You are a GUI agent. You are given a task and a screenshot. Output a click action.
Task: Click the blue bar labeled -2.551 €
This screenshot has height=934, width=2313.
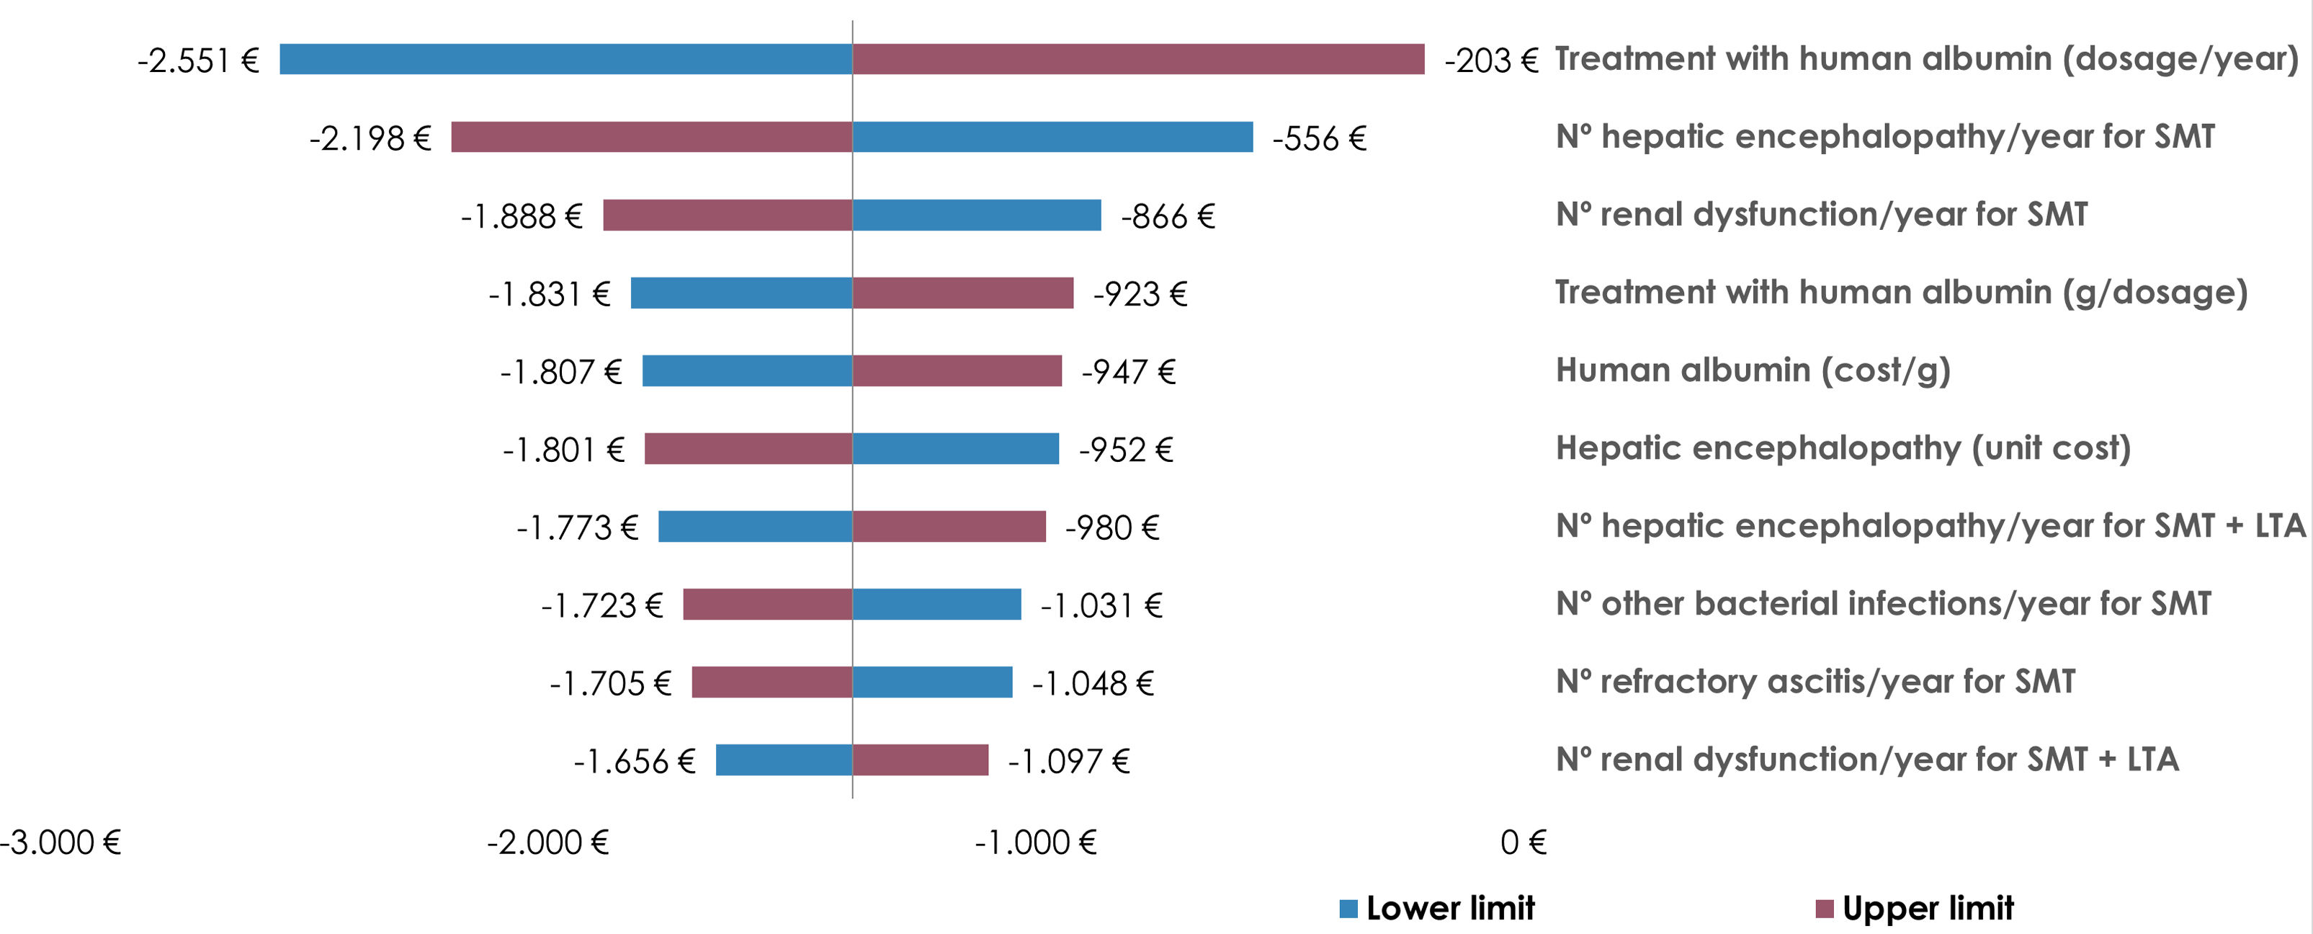click(x=565, y=59)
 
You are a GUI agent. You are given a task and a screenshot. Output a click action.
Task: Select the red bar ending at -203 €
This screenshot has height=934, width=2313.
click(x=1139, y=59)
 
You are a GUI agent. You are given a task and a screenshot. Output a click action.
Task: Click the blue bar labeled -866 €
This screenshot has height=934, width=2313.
click(x=977, y=215)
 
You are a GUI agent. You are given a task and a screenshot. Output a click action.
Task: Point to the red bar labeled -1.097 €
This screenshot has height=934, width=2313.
click(x=921, y=760)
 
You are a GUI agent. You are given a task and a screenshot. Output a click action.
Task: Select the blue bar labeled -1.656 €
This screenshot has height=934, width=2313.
click(x=784, y=760)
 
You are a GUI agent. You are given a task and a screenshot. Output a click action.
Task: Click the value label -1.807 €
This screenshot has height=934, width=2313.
click(x=561, y=372)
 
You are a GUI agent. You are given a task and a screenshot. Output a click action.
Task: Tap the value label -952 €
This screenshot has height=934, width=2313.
click(x=1126, y=450)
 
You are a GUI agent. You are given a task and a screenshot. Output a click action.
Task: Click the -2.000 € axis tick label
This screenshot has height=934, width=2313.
click(x=547, y=842)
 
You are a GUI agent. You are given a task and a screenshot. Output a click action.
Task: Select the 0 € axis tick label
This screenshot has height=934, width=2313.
click(x=1524, y=842)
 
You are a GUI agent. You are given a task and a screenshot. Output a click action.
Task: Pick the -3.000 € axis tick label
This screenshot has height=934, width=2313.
click(x=61, y=842)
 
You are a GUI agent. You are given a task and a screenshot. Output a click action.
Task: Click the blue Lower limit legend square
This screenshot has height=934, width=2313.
click(x=1348, y=909)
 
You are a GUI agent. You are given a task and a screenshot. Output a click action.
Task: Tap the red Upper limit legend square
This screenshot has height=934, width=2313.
click(x=1824, y=909)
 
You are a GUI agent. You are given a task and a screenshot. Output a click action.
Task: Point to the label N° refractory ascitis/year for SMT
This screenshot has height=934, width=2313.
click(x=1815, y=682)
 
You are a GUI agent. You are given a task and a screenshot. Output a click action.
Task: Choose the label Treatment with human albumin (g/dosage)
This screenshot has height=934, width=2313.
click(x=1902, y=293)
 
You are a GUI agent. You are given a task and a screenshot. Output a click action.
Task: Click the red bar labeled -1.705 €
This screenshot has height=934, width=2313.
click(x=772, y=682)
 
